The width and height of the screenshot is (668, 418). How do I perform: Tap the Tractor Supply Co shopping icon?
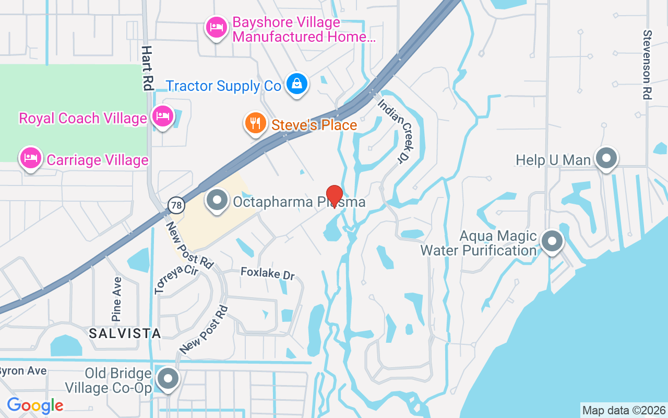[x=296, y=84]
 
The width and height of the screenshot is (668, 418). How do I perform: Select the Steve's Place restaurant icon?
[x=255, y=124]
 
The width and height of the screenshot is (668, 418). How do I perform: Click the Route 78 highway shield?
[x=177, y=205]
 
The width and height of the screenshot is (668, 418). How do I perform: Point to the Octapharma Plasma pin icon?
[x=217, y=200]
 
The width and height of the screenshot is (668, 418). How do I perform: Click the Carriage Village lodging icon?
[x=31, y=158]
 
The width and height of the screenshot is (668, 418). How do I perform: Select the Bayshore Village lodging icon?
[x=216, y=28]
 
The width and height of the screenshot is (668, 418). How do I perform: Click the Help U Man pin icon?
[x=606, y=158]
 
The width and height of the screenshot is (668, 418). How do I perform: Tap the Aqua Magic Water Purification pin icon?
[x=552, y=241]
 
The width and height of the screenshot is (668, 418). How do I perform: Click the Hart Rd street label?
[x=148, y=68]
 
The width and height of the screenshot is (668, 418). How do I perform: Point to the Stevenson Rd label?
[x=647, y=64]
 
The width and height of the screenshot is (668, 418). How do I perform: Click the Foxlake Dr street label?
[x=268, y=273]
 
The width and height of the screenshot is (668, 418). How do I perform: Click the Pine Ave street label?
[x=116, y=299]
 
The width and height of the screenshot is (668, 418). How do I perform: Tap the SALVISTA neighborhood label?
[x=124, y=333]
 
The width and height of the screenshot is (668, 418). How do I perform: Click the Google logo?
[x=35, y=405]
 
